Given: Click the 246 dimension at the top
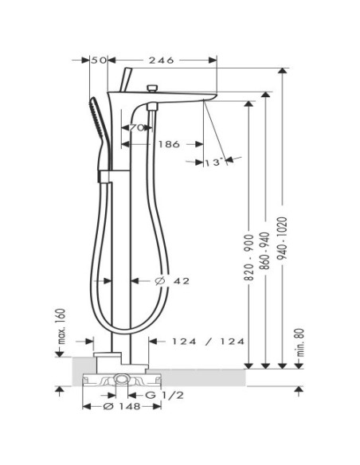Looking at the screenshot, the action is pyautogui.click(x=161, y=61).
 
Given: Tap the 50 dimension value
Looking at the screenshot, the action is pyautogui.click(x=99, y=61).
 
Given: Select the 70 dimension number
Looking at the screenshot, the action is pyautogui.click(x=137, y=128).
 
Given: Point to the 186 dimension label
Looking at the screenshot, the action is pyautogui.click(x=169, y=144).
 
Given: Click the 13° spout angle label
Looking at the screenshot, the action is pyautogui.click(x=213, y=162).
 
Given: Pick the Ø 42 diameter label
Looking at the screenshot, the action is pyautogui.click(x=172, y=280).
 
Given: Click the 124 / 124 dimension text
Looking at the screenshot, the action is pyautogui.click(x=209, y=342).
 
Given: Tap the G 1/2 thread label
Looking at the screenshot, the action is pyautogui.click(x=164, y=395).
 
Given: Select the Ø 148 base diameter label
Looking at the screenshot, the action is pyautogui.click(x=122, y=406).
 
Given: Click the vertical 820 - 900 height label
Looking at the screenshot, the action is pyautogui.click(x=248, y=257).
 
